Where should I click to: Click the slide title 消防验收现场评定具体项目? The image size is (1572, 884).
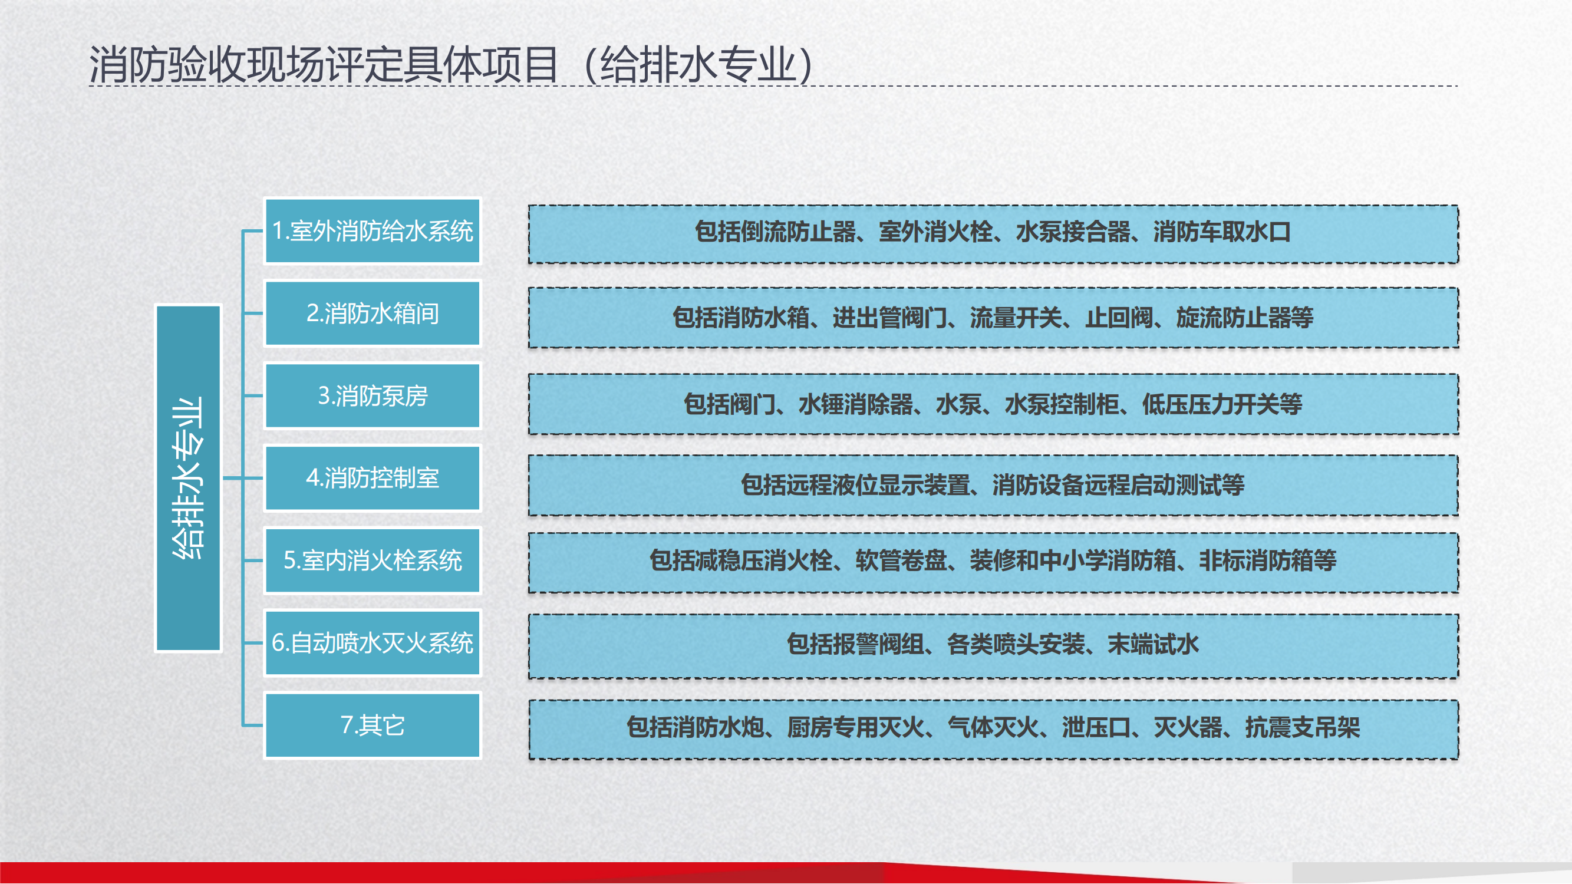pos(324,65)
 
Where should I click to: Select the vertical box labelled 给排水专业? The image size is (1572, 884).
pos(189,479)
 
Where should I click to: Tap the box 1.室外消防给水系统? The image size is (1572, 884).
pos(373,231)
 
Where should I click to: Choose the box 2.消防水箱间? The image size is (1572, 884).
pos(373,314)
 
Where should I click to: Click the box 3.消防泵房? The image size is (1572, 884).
pos(373,396)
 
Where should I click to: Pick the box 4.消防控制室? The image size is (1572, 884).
pos(373,479)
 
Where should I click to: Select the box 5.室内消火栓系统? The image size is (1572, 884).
pos(373,560)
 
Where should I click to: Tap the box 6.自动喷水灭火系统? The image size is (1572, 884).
pos(373,643)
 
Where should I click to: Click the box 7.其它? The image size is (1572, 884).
pos(373,725)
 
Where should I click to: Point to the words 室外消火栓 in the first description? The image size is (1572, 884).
pos(935,232)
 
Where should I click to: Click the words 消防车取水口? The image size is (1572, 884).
pos(1222,232)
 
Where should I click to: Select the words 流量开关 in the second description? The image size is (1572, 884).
pos(1016,318)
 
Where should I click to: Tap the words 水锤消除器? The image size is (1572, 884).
pos(856,404)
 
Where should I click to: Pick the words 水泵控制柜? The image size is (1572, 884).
pos(1062,404)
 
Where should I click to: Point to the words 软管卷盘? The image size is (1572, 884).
pos(901,560)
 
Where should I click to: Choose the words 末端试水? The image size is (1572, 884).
pos(1154,644)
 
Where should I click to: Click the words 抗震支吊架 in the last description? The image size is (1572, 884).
pos(1302,727)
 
